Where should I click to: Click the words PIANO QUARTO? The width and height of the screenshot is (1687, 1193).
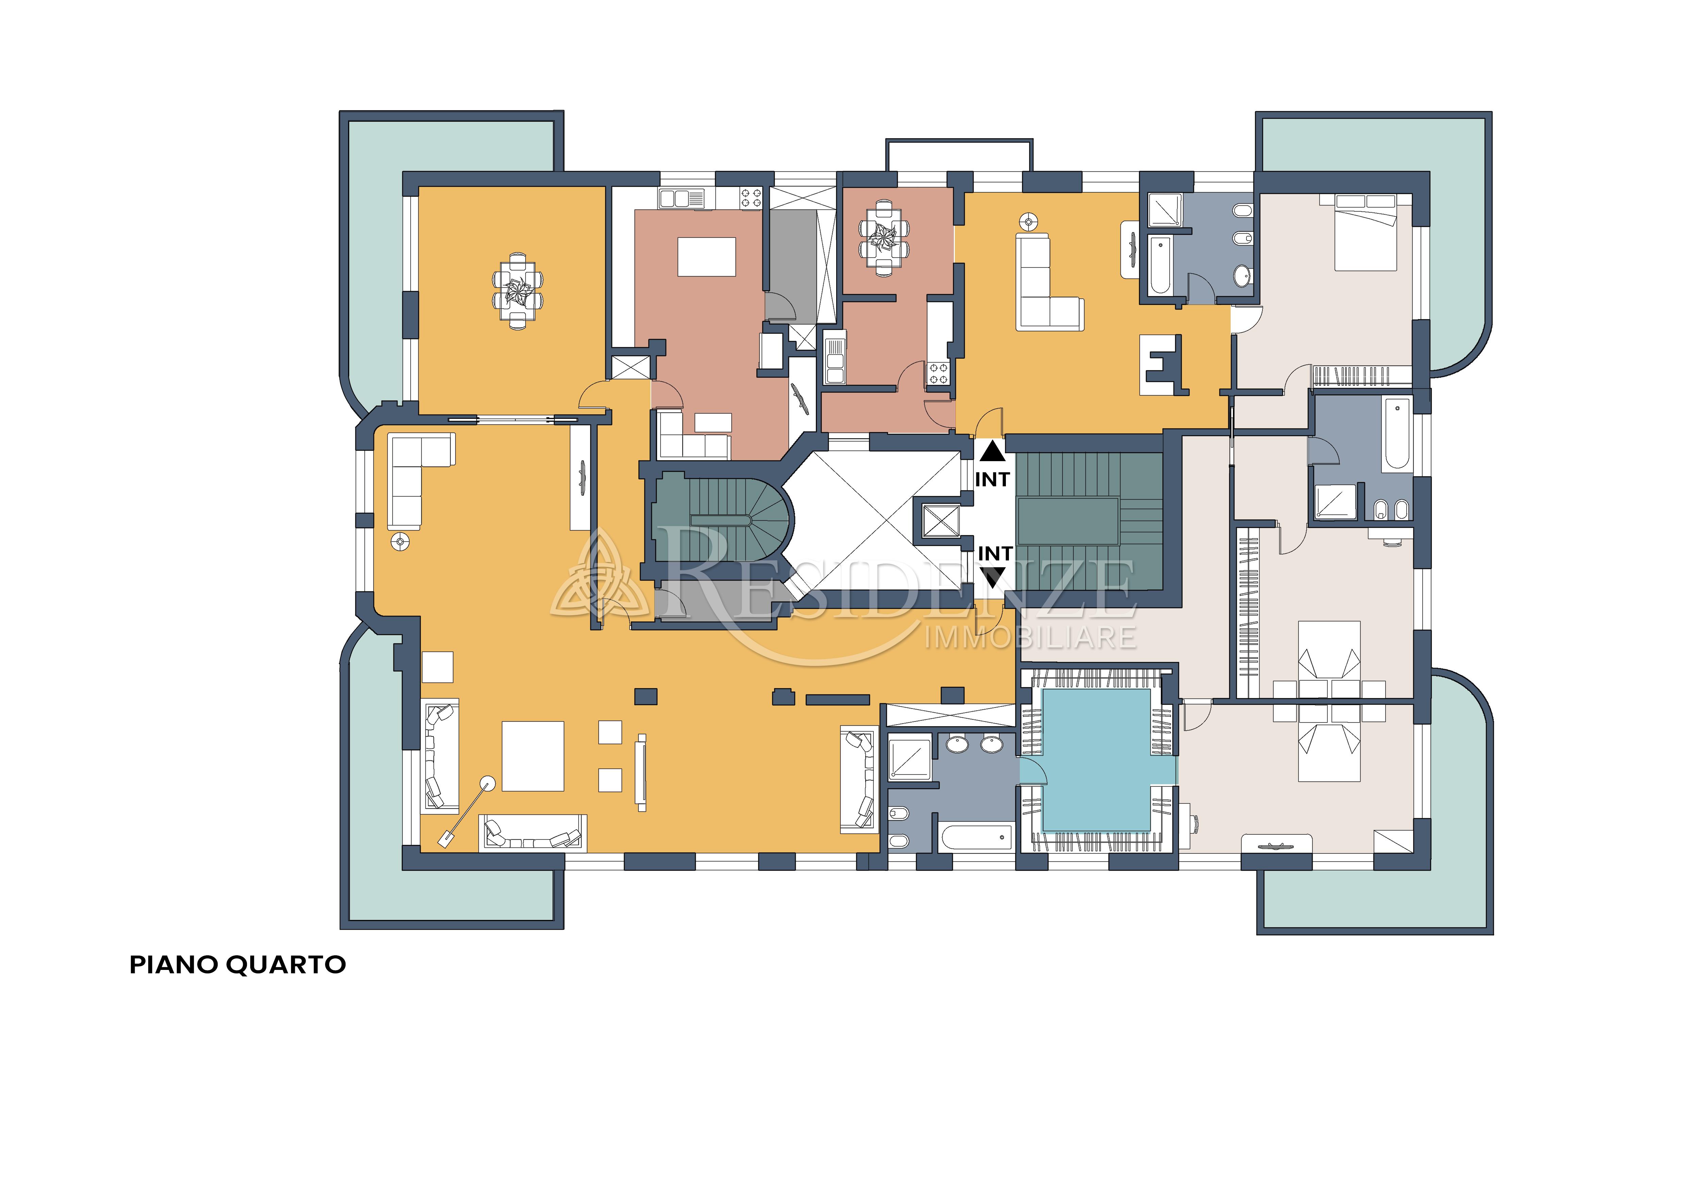click(x=237, y=964)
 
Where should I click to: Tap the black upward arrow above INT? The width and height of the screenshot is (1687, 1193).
click(x=992, y=451)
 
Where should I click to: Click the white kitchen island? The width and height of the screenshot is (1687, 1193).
click(x=706, y=256)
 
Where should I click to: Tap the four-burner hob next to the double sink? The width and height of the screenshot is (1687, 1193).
click(x=751, y=198)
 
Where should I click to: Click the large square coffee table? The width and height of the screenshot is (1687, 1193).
click(x=533, y=756)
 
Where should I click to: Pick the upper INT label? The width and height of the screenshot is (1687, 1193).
click(x=992, y=479)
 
